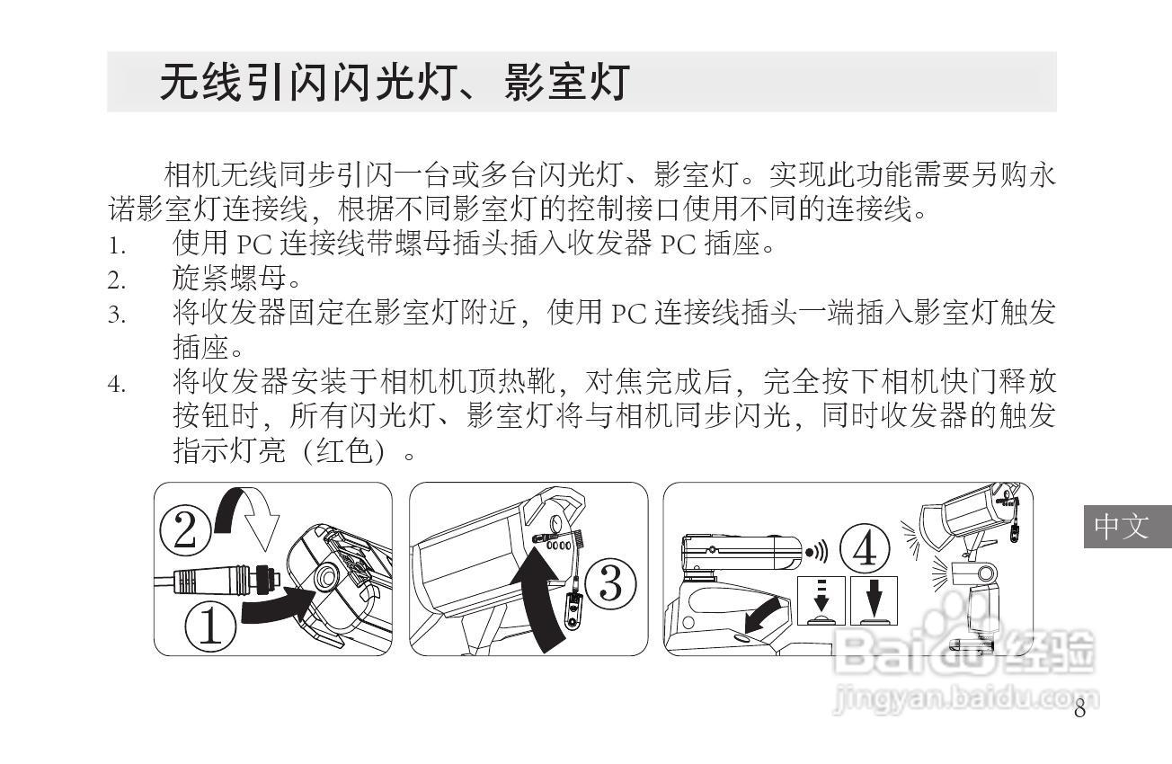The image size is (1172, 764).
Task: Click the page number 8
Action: pyautogui.click(x=1080, y=709)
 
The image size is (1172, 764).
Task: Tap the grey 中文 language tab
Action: pyautogui.click(x=1128, y=527)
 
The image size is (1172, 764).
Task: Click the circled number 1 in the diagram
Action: pyautogui.click(x=210, y=626)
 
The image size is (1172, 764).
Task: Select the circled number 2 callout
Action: pyautogui.click(x=184, y=530)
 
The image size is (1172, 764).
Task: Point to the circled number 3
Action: pyautogui.click(x=610, y=584)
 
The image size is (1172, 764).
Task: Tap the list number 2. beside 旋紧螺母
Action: pyautogui.click(x=117, y=280)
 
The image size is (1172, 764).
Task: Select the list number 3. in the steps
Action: pyautogui.click(x=117, y=315)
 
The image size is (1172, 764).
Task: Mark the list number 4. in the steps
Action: pyautogui.click(x=117, y=385)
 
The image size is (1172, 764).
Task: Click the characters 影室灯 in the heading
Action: pyautogui.click(x=567, y=82)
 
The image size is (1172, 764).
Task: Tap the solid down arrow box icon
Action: pyautogui.click(x=874, y=600)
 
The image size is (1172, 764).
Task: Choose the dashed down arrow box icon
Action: pyautogui.click(x=821, y=600)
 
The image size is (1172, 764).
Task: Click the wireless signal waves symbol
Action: pyautogui.click(x=817, y=552)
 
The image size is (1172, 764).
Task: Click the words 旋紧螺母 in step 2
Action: pyautogui.click(x=229, y=279)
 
